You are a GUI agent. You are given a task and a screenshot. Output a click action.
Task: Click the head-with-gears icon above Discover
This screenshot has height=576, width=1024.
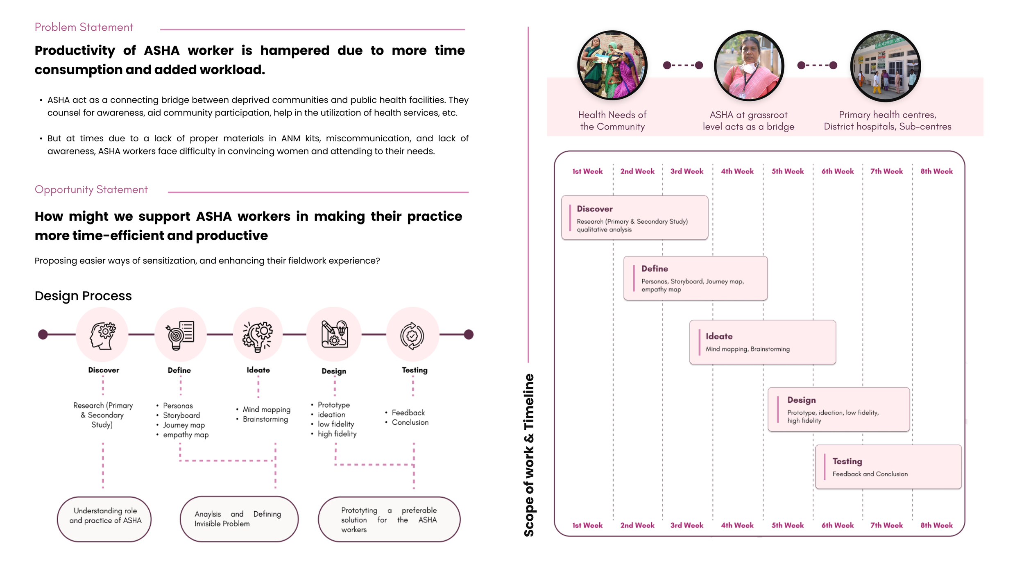point(102,335)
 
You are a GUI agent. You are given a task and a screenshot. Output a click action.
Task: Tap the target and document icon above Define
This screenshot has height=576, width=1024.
point(180,335)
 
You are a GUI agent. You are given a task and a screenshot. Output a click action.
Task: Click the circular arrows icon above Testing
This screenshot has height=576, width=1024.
point(412,336)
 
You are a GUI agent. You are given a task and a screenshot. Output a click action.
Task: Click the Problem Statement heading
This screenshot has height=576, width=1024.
point(84,27)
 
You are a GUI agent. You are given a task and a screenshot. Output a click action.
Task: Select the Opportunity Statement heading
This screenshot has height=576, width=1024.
point(91,190)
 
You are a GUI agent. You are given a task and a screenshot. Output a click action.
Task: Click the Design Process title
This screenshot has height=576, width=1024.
point(83,296)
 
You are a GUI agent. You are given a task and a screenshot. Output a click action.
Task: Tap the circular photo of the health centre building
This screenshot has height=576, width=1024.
point(885,66)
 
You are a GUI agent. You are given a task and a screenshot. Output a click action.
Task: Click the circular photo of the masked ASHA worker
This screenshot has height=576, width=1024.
point(749,66)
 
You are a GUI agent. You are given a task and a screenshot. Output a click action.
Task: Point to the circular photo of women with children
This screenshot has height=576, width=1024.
point(612,66)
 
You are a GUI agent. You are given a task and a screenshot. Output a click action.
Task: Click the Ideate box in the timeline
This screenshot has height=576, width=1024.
point(762,342)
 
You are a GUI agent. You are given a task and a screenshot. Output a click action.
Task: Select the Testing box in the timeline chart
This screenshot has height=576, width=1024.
point(888,467)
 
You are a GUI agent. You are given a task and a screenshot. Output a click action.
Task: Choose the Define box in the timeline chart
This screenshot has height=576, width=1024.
point(695,278)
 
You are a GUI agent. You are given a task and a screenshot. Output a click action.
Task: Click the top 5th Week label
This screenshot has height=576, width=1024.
point(787,171)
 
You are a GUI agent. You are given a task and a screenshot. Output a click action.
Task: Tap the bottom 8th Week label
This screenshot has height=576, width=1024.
point(936,525)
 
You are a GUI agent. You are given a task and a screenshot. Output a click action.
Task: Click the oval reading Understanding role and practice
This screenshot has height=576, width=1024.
point(104,519)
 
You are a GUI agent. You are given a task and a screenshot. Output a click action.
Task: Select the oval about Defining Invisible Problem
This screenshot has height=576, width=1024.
point(239,519)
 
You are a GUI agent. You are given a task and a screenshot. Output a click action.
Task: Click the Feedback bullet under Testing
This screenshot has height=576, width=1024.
point(408,413)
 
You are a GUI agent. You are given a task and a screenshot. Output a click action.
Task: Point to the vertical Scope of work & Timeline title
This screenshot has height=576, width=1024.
point(529,455)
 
